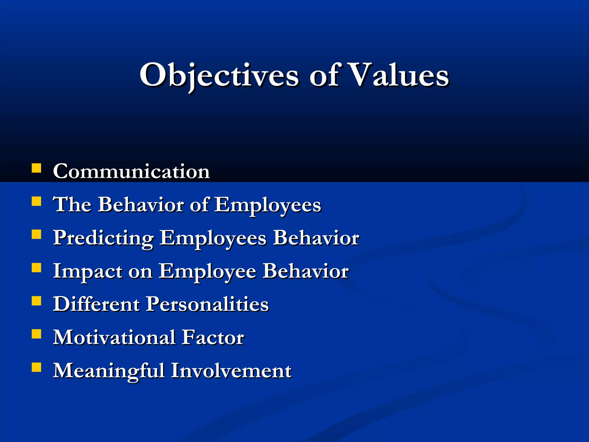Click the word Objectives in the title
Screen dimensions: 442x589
[x=219, y=75]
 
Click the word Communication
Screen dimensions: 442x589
[x=131, y=172]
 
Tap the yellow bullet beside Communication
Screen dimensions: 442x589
[x=36, y=168]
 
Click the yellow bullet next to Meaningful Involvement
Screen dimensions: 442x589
[x=36, y=367]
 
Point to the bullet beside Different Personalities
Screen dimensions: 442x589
[x=36, y=301]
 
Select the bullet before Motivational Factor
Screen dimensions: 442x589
[x=36, y=334]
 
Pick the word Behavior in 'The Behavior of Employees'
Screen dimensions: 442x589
[x=141, y=205]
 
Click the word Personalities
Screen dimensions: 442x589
[x=207, y=304]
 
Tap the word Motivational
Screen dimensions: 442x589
[x=114, y=338]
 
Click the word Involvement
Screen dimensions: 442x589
[x=231, y=371]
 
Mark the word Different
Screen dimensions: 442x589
[x=96, y=304]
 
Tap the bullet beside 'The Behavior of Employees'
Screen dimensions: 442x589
[x=36, y=201]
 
